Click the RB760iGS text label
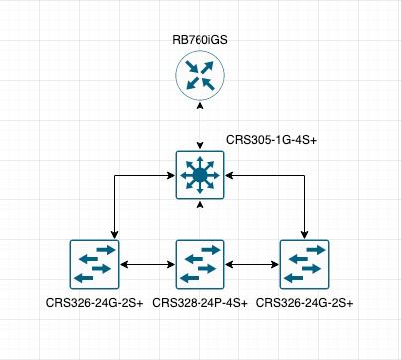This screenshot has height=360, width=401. (x=200, y=40)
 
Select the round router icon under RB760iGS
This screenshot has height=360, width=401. (x=200, y=75)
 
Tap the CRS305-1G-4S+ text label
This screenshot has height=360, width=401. (x=271, y=140)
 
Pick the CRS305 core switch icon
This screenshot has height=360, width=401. (x=200, y=176)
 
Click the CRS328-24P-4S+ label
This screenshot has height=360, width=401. (x=200, y=303)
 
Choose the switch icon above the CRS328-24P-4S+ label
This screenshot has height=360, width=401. (x=200, y=264)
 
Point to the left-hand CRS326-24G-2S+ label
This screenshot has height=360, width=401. (x=94, y=303)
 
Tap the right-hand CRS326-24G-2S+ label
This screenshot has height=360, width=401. (x=305, y=303)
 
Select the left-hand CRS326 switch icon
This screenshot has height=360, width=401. (x=94, y=264)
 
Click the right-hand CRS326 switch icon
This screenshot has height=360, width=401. (x=305, y=264)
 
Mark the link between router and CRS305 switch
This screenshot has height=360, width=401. (x=200, y=126)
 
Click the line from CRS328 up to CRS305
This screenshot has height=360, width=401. (x=200, y=219)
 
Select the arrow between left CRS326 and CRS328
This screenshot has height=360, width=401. (x=148, y=264)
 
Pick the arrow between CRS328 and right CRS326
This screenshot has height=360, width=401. (x=252, y=264)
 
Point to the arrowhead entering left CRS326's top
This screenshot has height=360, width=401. (x=115, y=235)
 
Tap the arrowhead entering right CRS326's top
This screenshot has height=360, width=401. (x=305, y=235)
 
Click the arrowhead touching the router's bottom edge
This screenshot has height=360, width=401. (x=200, y=105)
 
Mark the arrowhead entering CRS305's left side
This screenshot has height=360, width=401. (x=171, y=176)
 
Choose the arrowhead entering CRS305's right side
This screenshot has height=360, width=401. (x=229, y=176)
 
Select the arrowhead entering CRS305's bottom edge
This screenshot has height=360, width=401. (x=200, y=204)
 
